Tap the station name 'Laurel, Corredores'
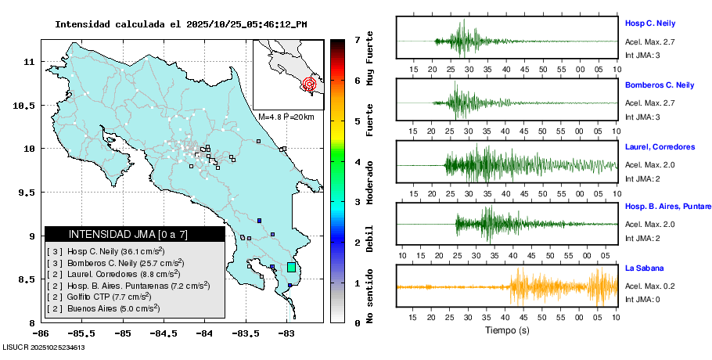click(660, 146)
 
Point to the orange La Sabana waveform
click(548, 287)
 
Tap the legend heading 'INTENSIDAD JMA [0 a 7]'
click(128, 234)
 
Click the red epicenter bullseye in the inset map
click(310, 83)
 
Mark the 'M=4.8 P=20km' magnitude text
click(286, 117)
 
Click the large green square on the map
click(291, 267)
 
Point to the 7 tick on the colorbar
click(357, 39)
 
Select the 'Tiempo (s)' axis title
click(507, 329)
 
